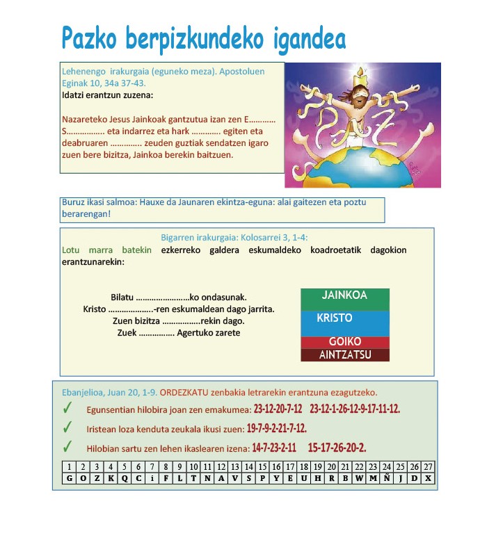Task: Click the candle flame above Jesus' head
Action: click(x=360, y=71)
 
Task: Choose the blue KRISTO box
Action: click(x=344, y=322)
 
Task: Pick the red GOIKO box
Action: click(x=344, y=342)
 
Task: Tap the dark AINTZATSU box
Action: click(x=344, y=355)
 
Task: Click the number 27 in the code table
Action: click(x=428, y=467)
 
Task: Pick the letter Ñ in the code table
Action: click(x=387, y=478)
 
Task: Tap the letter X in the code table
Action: click(x=428, y=478)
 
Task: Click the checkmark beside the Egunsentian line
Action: click(x=67, y=409)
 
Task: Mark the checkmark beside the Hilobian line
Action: click(x=67, y=446)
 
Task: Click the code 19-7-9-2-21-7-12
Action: click(x=276, y=428)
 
